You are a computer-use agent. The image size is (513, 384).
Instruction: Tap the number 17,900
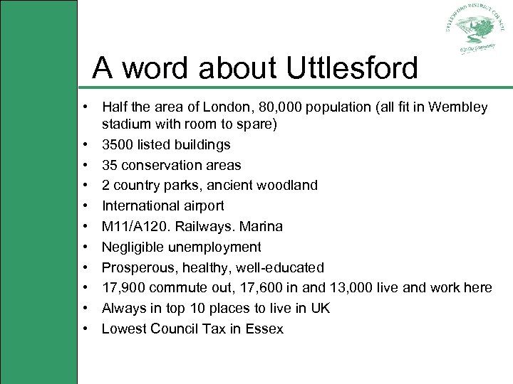(122, 288)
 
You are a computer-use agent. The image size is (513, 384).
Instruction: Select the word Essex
(264, 329)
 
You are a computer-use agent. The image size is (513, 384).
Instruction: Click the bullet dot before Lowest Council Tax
(85, 329)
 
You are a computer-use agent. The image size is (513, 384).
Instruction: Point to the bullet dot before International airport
(85, 206)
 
